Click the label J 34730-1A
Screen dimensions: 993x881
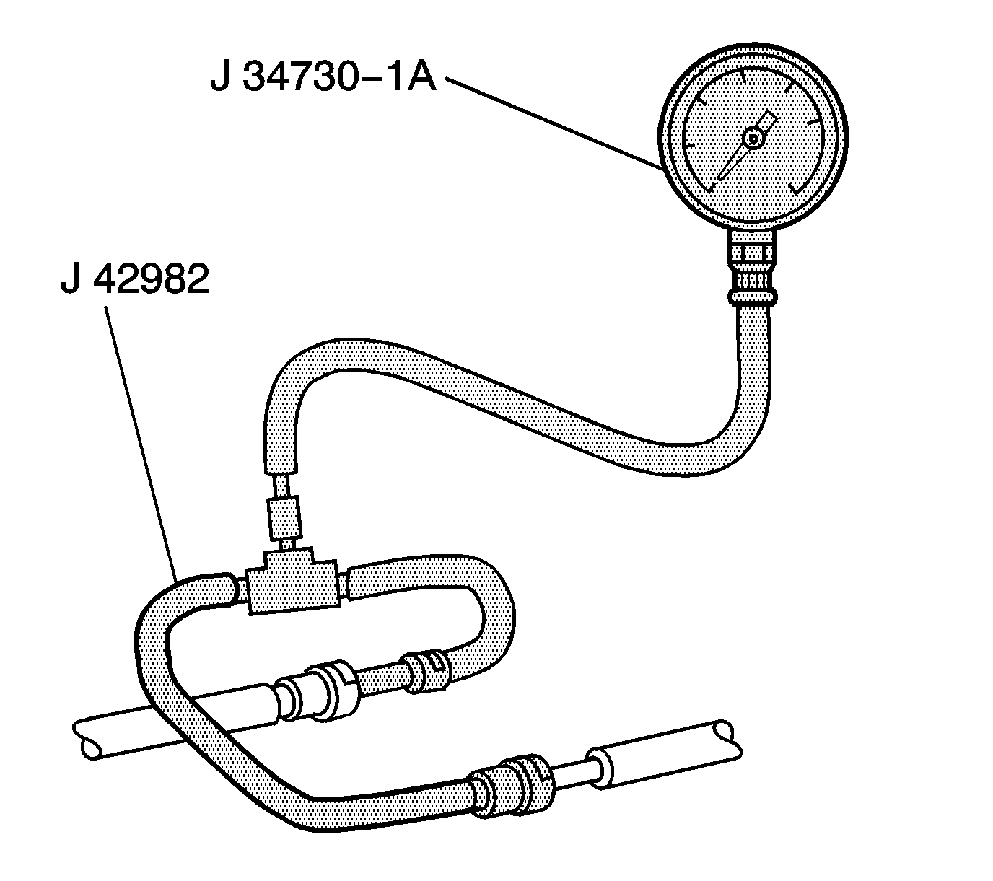point(323,77)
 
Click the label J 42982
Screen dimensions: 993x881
point(135,279)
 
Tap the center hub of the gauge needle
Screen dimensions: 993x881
point(753,140)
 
